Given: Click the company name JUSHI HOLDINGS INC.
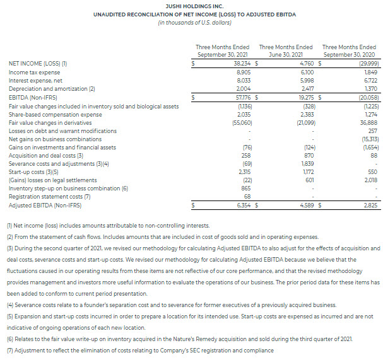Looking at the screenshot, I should pos(191,5).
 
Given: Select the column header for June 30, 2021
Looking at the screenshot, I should pos(285,50).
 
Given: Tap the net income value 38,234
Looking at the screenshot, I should pos(242,63).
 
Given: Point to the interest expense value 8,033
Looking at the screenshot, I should pos(244,81).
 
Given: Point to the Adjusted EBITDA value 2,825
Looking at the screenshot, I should pos(367,204).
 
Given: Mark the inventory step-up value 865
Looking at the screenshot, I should pos(247,187).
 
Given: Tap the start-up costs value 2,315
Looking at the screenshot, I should pos(244,171).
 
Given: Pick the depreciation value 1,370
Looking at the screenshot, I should pos(367,89).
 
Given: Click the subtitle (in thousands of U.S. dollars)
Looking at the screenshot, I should pos(191,23).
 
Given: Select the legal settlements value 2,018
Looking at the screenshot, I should pos(367,179).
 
